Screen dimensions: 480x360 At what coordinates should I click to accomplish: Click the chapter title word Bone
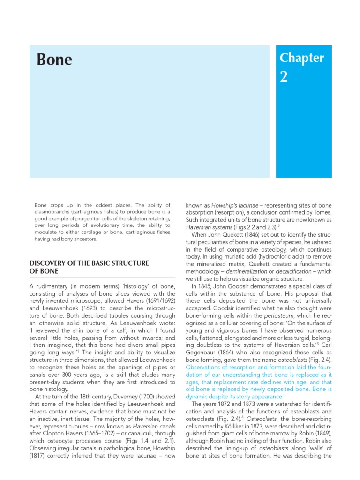click(54, 60)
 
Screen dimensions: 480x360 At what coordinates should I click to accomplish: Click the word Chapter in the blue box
click(301, 58)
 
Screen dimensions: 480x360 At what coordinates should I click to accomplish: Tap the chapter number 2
click(284, 77)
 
